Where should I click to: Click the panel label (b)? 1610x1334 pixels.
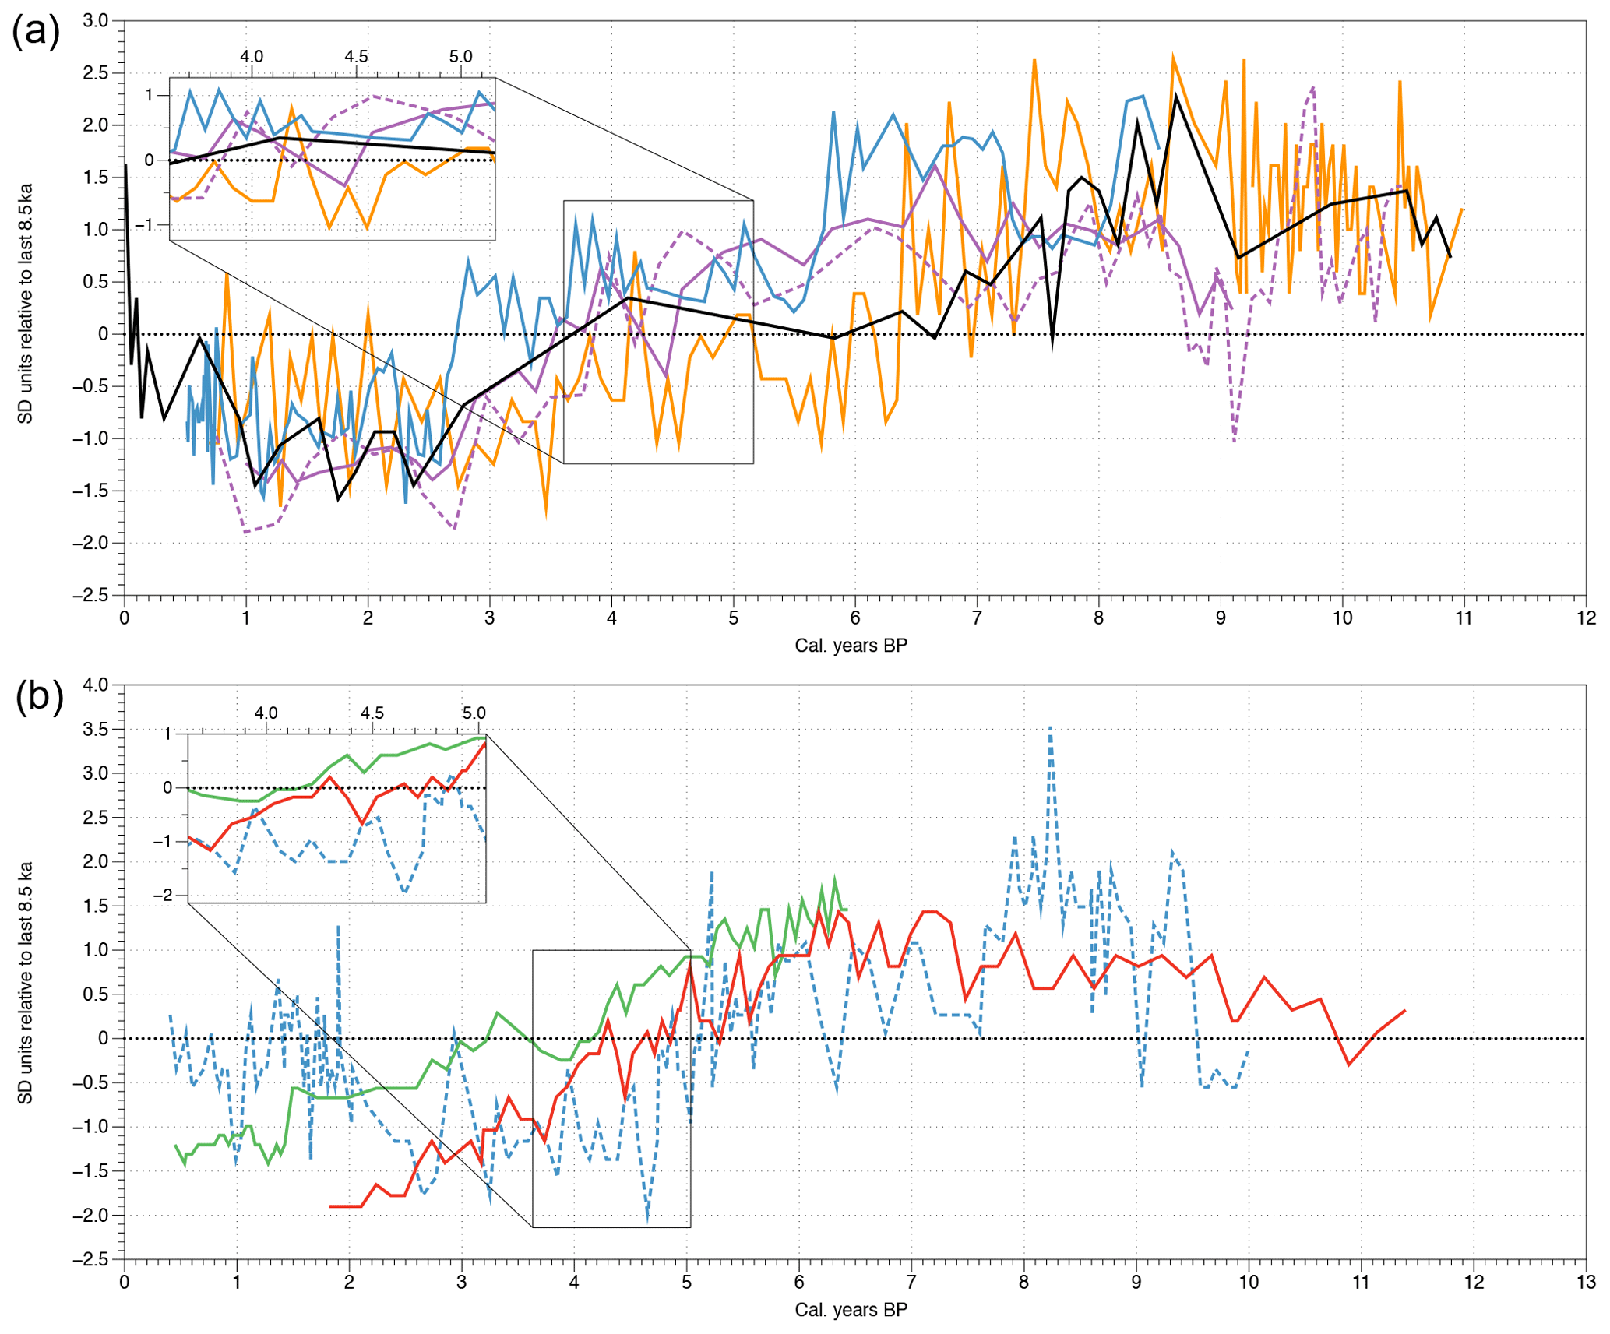coord(39,696)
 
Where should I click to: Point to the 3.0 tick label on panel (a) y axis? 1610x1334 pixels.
coord(95,21)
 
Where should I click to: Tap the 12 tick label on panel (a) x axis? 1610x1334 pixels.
coord(1585,618)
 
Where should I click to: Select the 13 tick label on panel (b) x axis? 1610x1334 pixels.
coord(1586,1283)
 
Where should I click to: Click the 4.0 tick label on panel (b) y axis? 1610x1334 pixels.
coord(95,685)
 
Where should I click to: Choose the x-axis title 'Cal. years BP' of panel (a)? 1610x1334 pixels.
coord(851,646)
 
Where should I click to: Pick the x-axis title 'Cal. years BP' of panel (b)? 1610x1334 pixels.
coord(851,1310)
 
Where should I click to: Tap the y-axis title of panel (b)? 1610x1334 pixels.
coord(26,982)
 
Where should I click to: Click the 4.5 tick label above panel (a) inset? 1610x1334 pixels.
coord(356,57)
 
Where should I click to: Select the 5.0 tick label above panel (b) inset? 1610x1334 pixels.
coord(474,713)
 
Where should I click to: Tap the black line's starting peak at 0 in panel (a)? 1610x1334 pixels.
coord(125,166)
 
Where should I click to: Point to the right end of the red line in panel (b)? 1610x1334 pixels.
coord(1404,1011)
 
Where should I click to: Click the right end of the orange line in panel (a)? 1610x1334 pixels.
coord(1462,209)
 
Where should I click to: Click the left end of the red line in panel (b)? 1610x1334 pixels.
coord(331,1206)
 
